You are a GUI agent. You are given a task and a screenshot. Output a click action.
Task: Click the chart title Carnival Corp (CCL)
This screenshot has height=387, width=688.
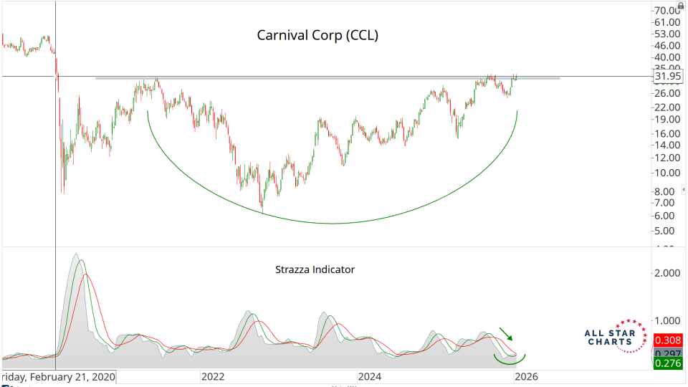point(317,35)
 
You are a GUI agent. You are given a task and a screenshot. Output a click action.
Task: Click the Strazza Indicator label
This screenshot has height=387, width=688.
point(315,270)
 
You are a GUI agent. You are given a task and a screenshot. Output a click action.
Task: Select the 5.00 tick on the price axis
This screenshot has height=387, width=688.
point(666,231)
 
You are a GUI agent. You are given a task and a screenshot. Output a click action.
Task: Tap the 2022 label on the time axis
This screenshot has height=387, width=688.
point(214,376)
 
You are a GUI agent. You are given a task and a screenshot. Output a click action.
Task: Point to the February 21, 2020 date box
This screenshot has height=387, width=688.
point(58,377)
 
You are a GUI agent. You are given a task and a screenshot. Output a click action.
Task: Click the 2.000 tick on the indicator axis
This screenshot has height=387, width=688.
point(666,273)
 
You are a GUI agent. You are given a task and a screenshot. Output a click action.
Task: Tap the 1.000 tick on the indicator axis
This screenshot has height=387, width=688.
point(666,320)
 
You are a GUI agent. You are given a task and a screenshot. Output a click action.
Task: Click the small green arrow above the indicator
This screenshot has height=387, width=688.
point(506,333)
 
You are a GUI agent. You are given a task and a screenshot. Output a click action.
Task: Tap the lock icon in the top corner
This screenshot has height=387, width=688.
point(682,4)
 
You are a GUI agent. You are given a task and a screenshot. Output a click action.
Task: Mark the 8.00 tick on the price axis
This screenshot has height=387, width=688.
point(666,191)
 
